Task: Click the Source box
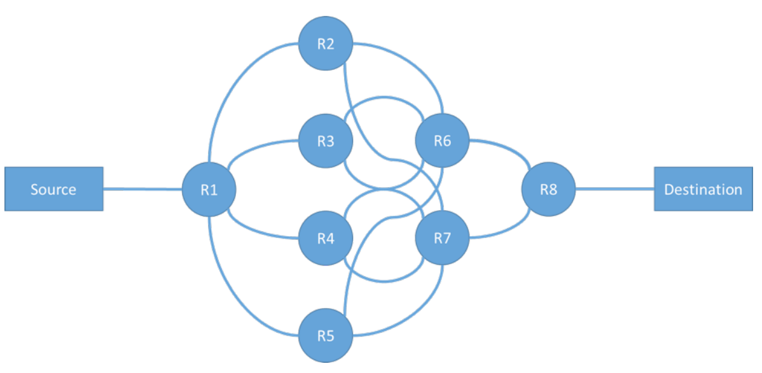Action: pos(53,189)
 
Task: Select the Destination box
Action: pos(703,189)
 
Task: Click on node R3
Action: pos(326,141)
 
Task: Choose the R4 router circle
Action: pos(326,238)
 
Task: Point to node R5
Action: pos(326,335)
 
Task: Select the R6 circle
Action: pos(442,141)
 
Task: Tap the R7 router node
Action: pos(442,238)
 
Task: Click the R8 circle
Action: pos(548,189)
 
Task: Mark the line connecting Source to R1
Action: pos(142,188)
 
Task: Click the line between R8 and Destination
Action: pos(614,189)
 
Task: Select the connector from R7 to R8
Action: pos(502,233)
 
